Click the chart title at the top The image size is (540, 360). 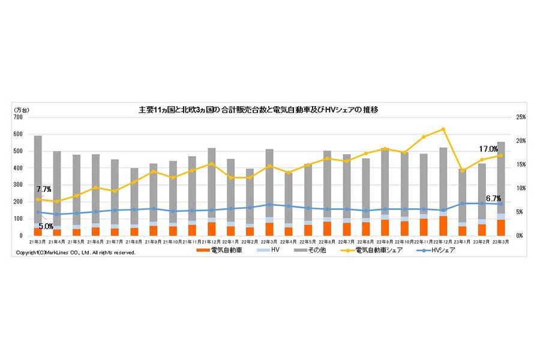click(258, 110)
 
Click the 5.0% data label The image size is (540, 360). click(46, 226)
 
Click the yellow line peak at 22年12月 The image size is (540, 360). click(443, 129)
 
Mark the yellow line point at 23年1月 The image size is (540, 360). click(462, 170)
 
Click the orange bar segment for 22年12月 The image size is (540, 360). click(443, 226)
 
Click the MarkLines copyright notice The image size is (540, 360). click(75, 253)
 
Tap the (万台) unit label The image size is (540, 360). click(22, 110)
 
